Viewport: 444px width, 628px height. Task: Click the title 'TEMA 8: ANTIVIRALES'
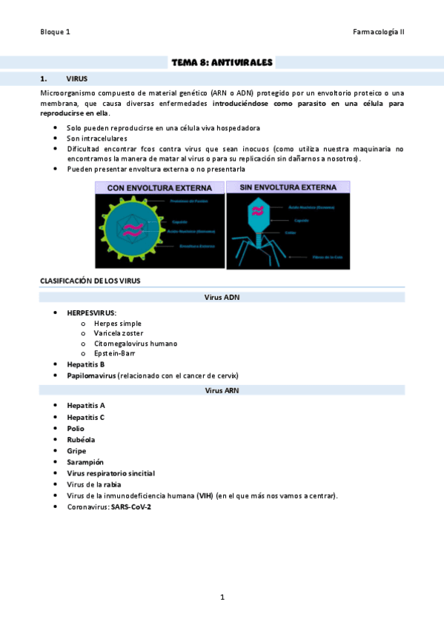(222, 63)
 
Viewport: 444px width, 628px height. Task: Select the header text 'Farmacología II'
(379, 32)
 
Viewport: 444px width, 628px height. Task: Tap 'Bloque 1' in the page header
(56, 32)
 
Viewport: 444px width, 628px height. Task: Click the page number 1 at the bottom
(222, 597)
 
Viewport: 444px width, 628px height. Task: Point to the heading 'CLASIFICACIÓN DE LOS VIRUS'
(90, 281)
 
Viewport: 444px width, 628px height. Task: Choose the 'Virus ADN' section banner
(222, 297)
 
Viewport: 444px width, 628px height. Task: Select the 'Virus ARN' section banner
(222, 390)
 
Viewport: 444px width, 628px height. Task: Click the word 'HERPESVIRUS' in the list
(90, 313)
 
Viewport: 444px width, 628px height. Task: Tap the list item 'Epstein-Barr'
(114, 353)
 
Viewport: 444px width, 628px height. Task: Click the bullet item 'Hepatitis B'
(85, 364)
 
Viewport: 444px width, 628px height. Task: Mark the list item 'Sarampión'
(85, 462)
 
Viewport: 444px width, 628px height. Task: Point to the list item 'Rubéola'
(81, 439)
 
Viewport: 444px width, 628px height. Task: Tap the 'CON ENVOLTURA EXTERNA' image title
(159, 189)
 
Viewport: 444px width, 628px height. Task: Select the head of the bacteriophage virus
(258, 211)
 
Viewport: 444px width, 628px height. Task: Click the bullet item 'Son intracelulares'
(96, 138)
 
